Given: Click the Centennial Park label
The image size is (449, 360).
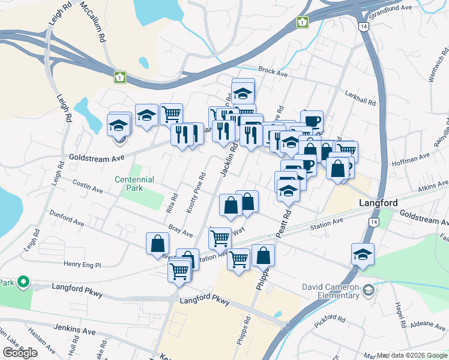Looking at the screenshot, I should point(134,184).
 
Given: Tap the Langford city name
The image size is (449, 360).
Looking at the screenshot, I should point(378,203).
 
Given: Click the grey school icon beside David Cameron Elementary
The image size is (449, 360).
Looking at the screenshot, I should point(368,290).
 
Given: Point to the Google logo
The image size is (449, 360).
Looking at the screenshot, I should point(20,353).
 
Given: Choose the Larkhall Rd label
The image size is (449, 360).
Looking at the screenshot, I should point(360,98).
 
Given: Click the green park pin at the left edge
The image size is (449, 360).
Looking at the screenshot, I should point(23,281).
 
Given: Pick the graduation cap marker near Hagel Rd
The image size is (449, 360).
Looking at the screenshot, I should point(363,254).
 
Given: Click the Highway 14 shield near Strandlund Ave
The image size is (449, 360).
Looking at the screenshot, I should point(364,27).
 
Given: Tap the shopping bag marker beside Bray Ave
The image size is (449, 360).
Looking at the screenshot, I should point(157,244).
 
